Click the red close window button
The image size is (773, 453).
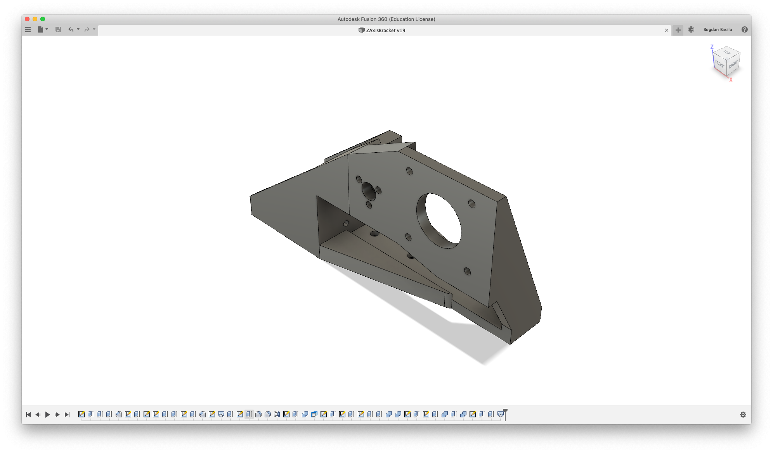(27, 19)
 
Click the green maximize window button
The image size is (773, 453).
(43, 19)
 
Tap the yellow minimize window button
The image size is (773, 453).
(35, 19)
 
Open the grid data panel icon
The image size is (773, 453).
(28, 29)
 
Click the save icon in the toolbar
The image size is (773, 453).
(58, 29)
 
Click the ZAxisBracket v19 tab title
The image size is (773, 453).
(386, 30)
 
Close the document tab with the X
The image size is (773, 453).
(667, 30)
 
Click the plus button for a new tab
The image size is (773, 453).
(678, 30)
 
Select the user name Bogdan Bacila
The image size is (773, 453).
(718, 29)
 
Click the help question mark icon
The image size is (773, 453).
(744, 29)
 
